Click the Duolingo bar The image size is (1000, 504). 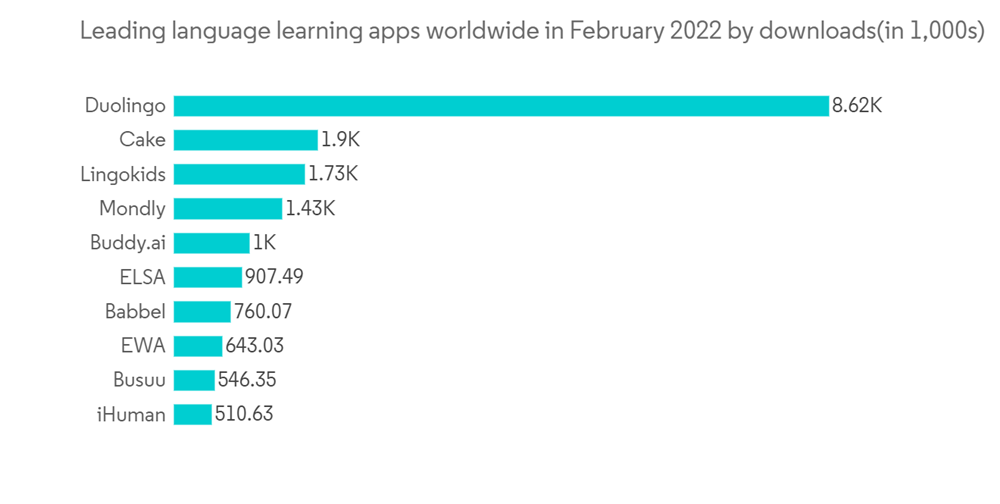[501, 105]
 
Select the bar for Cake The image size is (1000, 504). [245, 140]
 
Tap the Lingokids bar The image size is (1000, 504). [239, 174]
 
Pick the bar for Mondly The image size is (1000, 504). [228, 209]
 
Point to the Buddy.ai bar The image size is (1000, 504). [211, 243]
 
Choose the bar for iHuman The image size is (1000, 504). [192, 414]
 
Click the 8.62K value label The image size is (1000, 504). [857, 105]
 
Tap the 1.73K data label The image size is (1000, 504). [333, 174]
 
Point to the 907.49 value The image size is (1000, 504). [274, 277]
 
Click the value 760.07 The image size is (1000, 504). [263, 311]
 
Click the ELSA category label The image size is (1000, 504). [142, 277]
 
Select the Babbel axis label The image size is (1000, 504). [135, 311]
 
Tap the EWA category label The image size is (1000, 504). [142, 346]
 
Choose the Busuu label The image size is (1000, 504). [139, 380]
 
